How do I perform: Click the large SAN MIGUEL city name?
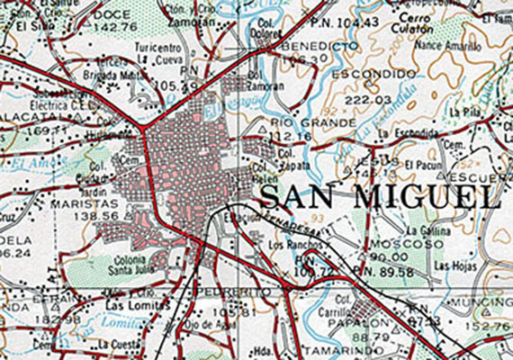click(x=379, y=195)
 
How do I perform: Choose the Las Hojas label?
click(x=449, y=265)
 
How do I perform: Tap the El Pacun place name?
click(x=421, y=165)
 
